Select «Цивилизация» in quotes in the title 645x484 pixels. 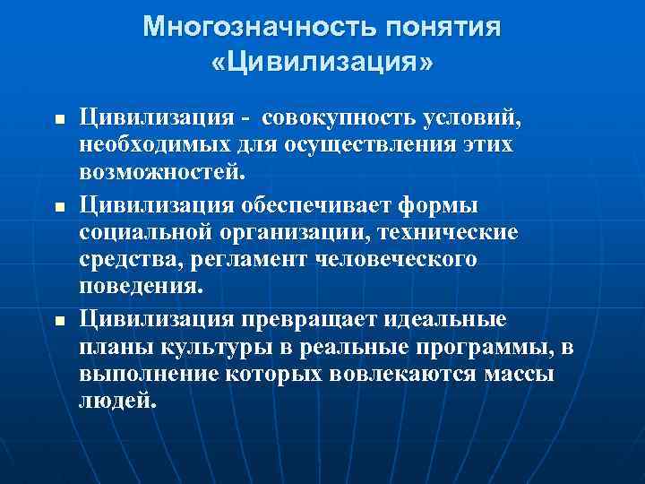322,64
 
